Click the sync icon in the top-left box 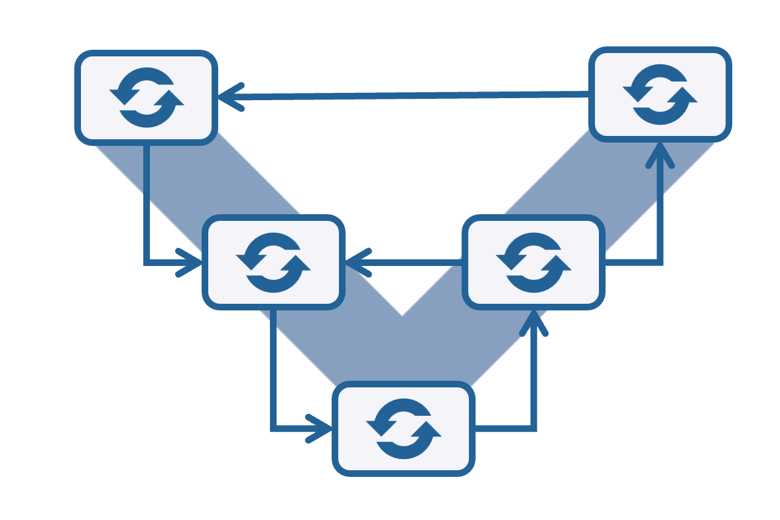(147, 97)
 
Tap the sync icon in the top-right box (660, 94)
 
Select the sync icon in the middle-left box (273, 262)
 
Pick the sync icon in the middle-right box (533, 262)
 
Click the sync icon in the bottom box (403, 428)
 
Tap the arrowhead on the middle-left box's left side (193, 263)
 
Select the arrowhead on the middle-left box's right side (355, 263)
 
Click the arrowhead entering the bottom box (322, 428)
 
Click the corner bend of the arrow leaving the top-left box (147, 263)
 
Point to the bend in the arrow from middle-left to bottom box (273, 428)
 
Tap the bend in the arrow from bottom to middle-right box (533, 429)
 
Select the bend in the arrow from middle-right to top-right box (660, 263)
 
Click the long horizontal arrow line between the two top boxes (411, 96)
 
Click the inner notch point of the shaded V (403, 313)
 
